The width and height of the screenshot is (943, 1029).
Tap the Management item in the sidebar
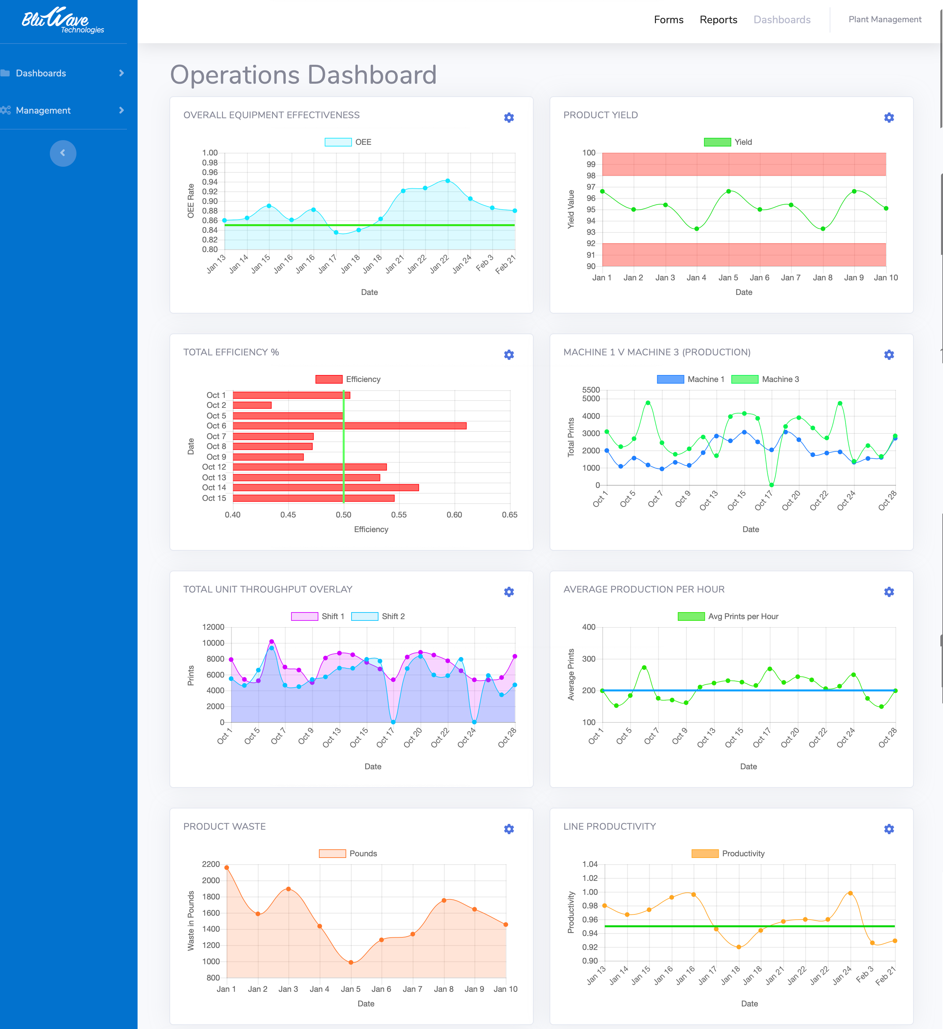click(44, 110)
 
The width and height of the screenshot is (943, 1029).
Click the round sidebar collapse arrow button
click(63, 153)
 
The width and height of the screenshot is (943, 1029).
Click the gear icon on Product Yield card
click(889, 117)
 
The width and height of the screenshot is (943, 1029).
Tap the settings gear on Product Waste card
click(508, 829)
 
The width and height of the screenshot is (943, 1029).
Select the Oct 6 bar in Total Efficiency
click(349, 426)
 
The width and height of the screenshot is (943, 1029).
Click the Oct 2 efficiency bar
click(252, 405)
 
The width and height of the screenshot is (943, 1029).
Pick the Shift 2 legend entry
click(378, 616)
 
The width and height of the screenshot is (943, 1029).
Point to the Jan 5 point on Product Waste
click(351, 963)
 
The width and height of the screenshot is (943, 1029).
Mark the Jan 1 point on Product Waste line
click(227, 868)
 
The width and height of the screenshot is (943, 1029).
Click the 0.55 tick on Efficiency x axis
click(399, 514)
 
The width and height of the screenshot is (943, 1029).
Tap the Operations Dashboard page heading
click(303, 75)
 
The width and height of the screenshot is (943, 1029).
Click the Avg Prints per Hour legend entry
click(728, 616)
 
